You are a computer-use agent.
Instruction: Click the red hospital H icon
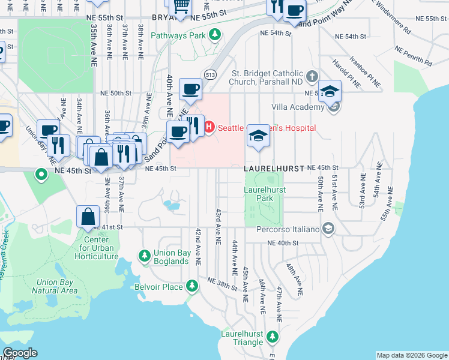tap(209, 127)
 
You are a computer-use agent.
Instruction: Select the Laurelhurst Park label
tap(265, 193)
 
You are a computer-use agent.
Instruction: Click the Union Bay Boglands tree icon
tap(144, 256)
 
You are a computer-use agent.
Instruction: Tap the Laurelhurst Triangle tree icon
tap(273, 337)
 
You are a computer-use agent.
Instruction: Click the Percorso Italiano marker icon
tap(328, 228)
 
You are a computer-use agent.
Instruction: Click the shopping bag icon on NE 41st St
tap(88, 217)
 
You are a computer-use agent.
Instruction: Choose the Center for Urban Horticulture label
tap(97, 248)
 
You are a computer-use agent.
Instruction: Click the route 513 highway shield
tap(209, 74)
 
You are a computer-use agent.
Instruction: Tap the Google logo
tap(20, 353)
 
